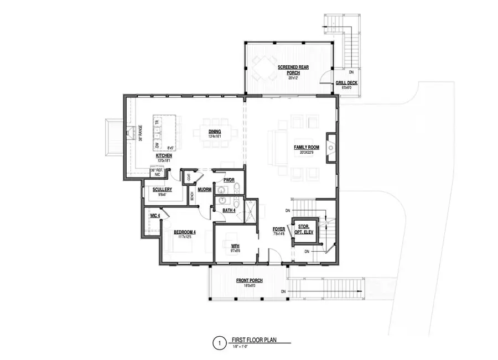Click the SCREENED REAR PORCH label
[x=293, y=70]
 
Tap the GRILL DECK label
[x=346, y=84]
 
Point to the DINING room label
[x=215, y=132]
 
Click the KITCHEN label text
[x=164, y=156]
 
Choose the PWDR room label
[x=229, y=180]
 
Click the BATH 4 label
[x=229, y=211]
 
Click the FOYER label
[x=278, y=229]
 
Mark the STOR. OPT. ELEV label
[x=305, y=229]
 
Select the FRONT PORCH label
[x=249, y=281]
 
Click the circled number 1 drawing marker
[x=219, y=344]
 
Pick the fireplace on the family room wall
[x=331, y=148]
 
